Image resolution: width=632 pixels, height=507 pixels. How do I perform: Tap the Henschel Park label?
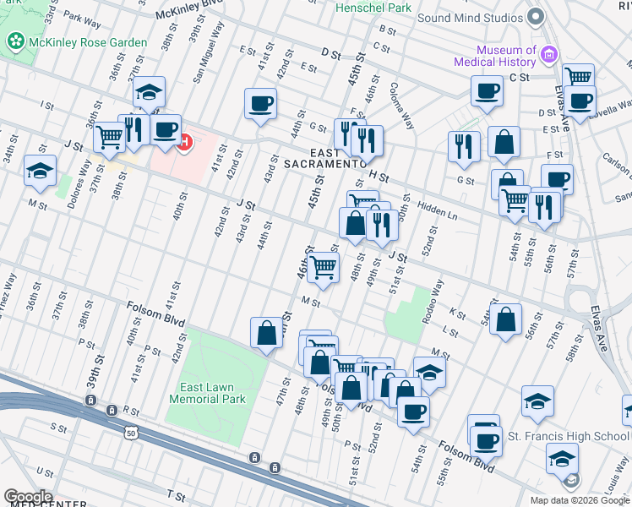[x=373, y=8]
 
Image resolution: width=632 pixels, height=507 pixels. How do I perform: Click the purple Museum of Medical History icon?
[x=549, y=55]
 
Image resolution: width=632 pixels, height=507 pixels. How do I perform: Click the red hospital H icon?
[x=184, y=142]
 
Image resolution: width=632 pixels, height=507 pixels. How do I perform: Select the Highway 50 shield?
[x=131, y=433]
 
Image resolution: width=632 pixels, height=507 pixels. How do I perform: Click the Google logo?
[x=28, y=496]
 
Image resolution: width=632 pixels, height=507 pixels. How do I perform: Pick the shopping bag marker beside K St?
[x=504, y=320]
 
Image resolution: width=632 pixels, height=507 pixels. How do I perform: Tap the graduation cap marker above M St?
[x=40, y=171]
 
